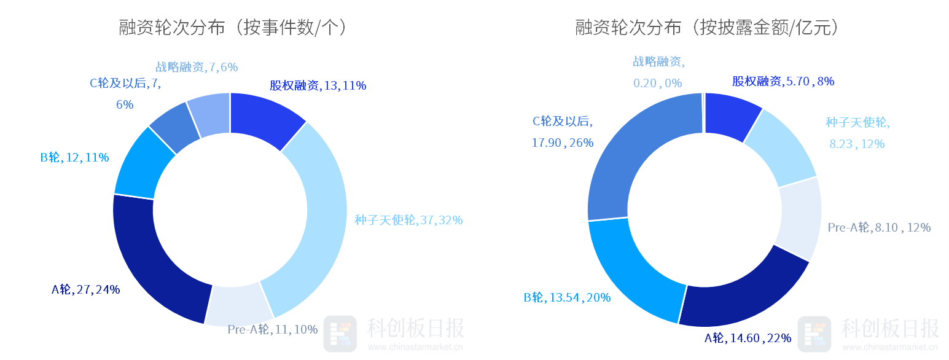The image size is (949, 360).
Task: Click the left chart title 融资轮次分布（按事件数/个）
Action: [233, 28]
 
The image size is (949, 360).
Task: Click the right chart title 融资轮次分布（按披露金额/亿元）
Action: [706, 28]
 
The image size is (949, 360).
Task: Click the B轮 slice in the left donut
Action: [140, 165]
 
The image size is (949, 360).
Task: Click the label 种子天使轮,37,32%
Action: [408, 220]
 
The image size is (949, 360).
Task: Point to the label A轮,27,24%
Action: [85, 290]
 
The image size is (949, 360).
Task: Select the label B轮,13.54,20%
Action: [567, 298]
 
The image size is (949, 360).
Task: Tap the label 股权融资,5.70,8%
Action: [783, 81]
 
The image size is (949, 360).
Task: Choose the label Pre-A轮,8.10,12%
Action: [879, 228]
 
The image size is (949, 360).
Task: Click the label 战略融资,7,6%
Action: [197, 67]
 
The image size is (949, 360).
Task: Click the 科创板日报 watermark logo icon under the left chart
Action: [340, 334]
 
